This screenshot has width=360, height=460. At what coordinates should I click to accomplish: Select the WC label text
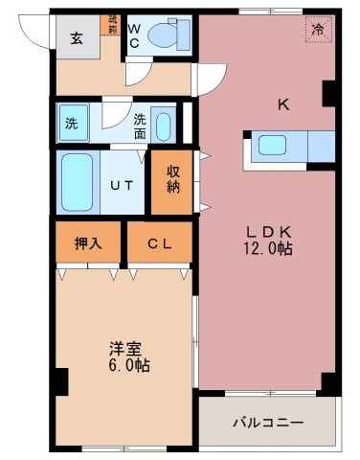point(135,36)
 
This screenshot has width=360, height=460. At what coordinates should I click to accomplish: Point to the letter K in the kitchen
point(284,105)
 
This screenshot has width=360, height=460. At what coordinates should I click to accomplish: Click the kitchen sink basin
point(273,147)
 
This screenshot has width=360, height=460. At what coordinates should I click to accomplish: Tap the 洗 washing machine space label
point(73,123)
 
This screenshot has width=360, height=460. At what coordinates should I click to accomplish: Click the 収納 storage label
point(174,179)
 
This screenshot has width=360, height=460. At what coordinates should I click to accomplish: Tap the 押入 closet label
point(89,244)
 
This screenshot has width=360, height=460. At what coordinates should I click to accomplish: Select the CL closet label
point(160,244)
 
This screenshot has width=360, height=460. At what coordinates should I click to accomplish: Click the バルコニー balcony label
point(268,422)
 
